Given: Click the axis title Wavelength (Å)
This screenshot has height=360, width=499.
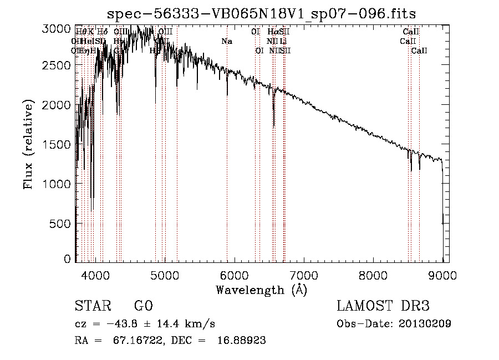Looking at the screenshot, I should pos(261,290).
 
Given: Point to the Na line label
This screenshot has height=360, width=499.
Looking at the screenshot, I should pos(226,41).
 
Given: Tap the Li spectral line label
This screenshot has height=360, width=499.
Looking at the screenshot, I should pos(283,41).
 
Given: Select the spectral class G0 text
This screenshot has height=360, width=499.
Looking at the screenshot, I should pos(143,306).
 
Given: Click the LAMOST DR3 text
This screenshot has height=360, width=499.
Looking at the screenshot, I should pos(383,306).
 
